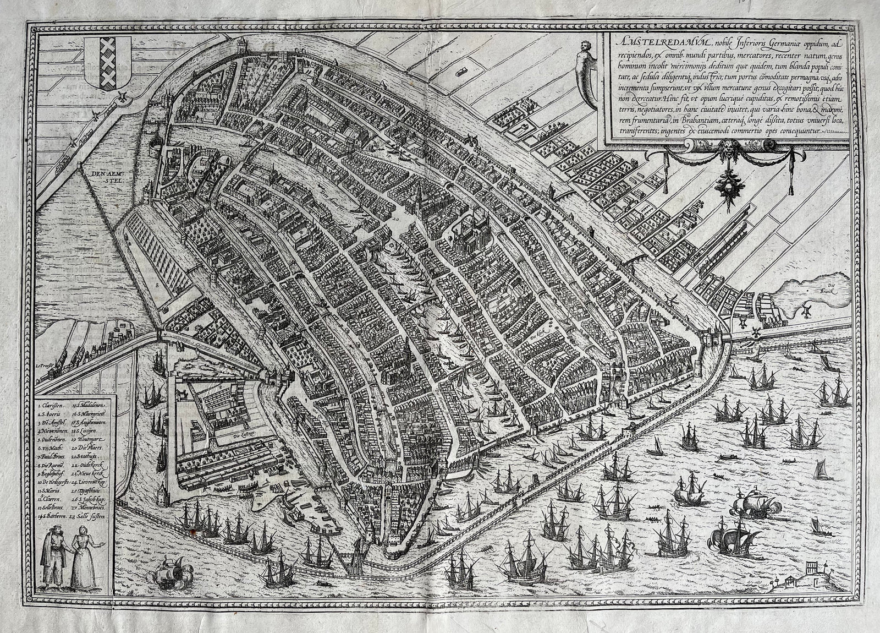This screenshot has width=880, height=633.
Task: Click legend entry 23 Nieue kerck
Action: tap(94, 474)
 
